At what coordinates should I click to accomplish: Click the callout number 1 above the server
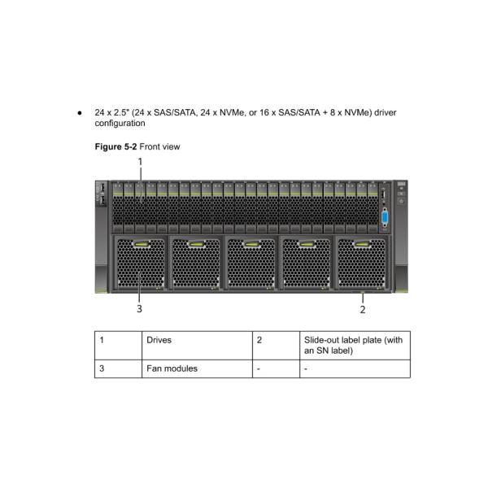pyautogui.click(x=140, y=162)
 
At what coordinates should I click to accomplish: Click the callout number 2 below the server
pyautogui.click(x=363, y=309)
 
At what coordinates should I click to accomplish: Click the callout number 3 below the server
pyautogui.click(x=140, y=309)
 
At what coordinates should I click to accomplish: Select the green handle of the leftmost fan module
pyautogui.click(x=140, y=243)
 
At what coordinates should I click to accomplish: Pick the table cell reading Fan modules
pyautogui.click(x=172, y=368)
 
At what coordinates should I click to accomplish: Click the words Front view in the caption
pyautogui.click(x=159, y=146)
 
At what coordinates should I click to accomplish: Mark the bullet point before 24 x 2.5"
pyautogui.click(x=79, y=111)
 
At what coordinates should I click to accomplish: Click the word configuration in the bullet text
pyautogui.click(x=120, y=123)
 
